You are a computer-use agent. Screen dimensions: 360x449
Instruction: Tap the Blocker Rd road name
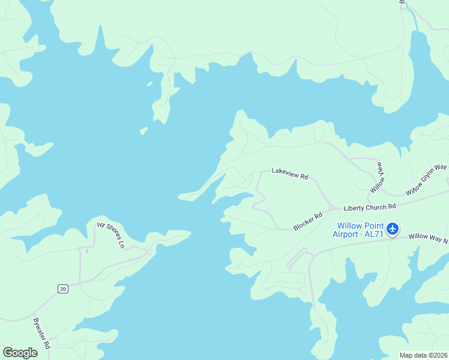tap(308, 221)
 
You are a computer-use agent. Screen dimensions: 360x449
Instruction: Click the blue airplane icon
tap(393, 229)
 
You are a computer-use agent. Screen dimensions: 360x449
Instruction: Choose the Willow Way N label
tap(428, 238)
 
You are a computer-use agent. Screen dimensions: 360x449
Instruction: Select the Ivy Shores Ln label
tap(110, 235)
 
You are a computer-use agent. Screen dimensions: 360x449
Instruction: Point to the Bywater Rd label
tap(42, 333)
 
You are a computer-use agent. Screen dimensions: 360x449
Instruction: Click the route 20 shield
tap(63, 289)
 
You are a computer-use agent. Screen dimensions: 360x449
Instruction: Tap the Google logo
tap(20, 353)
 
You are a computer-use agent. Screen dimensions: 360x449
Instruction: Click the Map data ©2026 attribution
tap(424, 355)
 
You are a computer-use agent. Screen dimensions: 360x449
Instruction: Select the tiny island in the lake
tap(143, 130)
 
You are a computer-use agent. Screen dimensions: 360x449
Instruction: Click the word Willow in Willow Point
tap(346, 225)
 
